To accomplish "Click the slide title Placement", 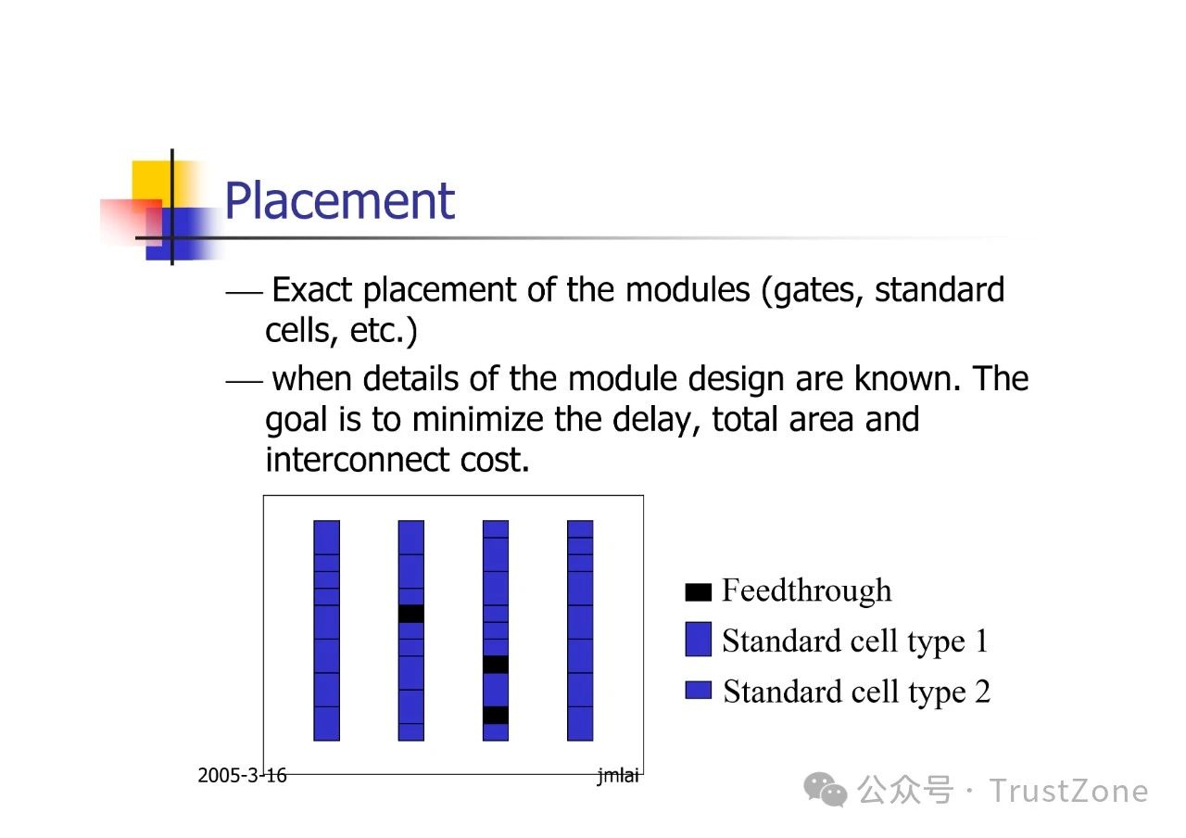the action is [340, 201].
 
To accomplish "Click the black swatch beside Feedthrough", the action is [698, 592].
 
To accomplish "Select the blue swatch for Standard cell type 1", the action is [698, 640].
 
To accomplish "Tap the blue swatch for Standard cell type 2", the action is [698, 691].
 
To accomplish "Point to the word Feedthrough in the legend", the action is [807, 590].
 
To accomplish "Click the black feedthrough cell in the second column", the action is [410, 614].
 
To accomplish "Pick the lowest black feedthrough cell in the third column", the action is [496, 715].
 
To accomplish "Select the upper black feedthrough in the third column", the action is [496, 665].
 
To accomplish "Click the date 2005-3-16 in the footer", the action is [242, 776].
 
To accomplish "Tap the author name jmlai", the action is [618, 776].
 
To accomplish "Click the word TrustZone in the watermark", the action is [1068, 792].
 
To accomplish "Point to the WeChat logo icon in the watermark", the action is [826, 790].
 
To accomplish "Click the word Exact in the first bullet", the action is [312, 290].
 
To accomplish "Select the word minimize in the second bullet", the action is [477, 420].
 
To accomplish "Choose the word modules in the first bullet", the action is [688, 290].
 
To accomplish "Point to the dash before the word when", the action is [244, 381].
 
